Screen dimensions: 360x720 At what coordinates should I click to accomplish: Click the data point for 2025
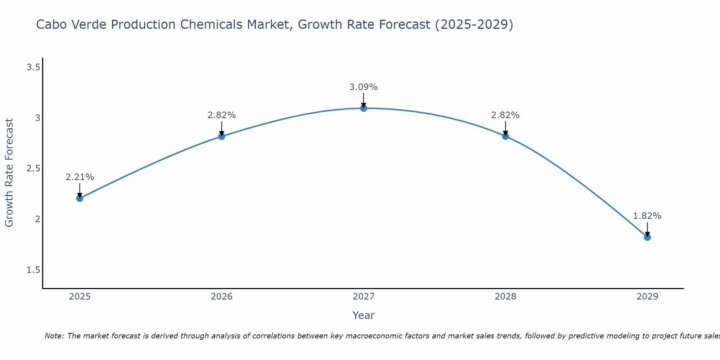pos(80,198)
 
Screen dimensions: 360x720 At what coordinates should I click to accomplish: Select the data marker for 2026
pos(221,136)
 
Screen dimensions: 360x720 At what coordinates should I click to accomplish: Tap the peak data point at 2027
pos(364,108)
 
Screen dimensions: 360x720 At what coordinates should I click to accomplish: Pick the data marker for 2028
pos(505,136)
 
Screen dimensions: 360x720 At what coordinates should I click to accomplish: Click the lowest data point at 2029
pos(647,237)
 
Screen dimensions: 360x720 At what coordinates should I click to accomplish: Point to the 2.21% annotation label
pos(80,177)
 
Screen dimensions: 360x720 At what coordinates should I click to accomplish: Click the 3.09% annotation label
pos(364,87)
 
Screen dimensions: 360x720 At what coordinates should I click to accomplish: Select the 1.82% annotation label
pos(647,216)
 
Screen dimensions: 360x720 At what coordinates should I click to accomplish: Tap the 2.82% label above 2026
pos(221,115)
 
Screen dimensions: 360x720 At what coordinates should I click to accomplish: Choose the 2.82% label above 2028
pos(505,115)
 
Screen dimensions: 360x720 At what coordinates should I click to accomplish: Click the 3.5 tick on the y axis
pos(33,67)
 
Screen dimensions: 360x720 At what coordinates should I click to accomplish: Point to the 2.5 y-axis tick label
pos(33,168)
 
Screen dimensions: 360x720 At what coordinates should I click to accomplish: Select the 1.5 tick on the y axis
pos(33,270)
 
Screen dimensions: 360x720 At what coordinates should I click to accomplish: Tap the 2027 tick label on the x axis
pos(364,297)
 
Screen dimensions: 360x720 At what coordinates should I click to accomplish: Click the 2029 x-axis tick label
pos(647,297)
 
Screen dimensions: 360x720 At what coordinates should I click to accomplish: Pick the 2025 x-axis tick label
pos(80,297)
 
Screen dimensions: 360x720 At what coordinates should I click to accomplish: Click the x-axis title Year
pos(364,315)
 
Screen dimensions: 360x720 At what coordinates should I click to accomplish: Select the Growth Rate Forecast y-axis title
pos(9,173)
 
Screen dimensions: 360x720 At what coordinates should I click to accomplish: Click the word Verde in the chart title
pos(89,24)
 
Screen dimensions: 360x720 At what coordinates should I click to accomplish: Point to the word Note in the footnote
pos(54,336)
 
